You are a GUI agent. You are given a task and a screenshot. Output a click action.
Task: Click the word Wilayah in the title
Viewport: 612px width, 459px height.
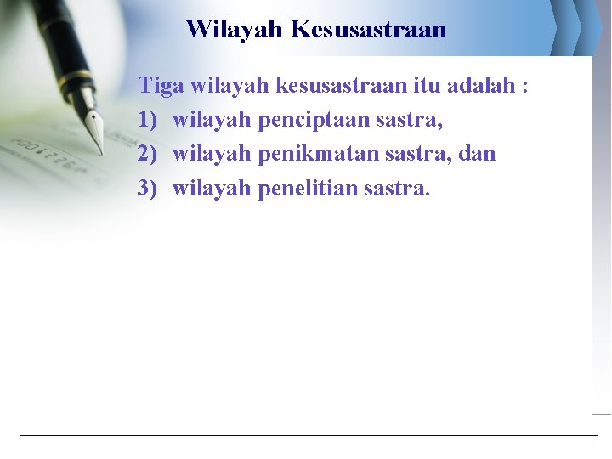click(x=235, y=29)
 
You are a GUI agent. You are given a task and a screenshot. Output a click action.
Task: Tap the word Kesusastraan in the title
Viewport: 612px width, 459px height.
click(x=368, y=29)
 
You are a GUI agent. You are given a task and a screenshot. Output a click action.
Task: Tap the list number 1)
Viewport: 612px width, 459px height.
click(x=149, y=120)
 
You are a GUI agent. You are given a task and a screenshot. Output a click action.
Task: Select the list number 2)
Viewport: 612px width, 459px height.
click(x=149, y=154)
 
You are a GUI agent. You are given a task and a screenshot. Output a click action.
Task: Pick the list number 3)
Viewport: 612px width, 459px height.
click(x=149, y=188)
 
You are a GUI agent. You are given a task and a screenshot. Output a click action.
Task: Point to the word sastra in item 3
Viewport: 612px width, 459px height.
click(x=396, y=188)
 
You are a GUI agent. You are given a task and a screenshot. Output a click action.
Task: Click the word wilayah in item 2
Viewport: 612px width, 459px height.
click(x=212, y=154)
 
